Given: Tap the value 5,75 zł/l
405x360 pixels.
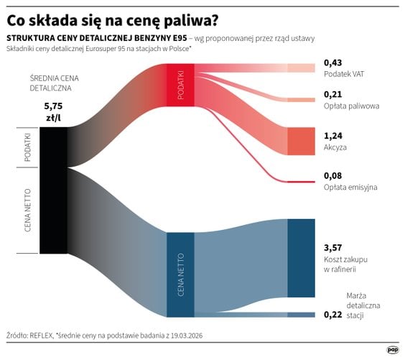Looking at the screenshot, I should point(54,111).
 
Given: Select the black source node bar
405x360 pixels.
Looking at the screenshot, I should point(53,190).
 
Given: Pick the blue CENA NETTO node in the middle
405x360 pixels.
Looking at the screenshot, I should point(180,274).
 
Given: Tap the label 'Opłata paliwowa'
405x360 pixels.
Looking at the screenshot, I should point(351,106).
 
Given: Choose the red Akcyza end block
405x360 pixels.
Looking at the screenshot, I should point(302,141).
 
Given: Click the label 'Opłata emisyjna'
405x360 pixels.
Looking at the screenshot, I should point(350,187).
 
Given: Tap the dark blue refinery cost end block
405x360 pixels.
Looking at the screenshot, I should point(302,258).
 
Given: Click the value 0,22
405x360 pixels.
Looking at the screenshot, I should point(332,315).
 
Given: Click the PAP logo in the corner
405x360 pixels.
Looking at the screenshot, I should point(392,349).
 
